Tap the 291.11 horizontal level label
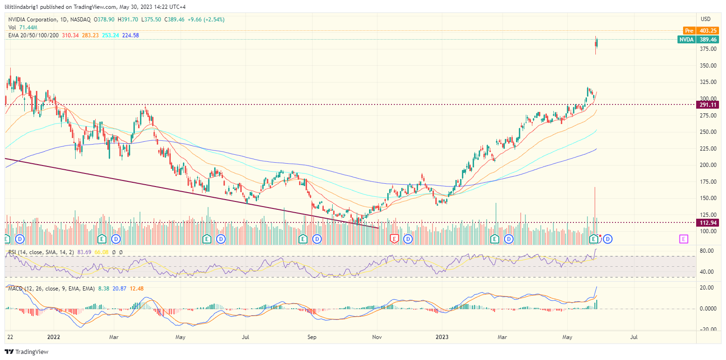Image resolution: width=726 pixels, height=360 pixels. [708, 104]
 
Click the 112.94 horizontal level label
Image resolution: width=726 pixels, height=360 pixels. [708, 222]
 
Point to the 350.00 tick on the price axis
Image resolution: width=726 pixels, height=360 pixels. [708, 65]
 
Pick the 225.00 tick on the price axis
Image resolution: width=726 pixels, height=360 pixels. [708, 148]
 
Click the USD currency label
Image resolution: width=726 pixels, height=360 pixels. [705, 19]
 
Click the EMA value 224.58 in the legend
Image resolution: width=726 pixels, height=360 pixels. [130, 35]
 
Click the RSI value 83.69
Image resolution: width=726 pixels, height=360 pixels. [84, 252]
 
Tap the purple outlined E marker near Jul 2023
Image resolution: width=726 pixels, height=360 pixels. [684, 239]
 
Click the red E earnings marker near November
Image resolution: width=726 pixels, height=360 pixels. [394, 239]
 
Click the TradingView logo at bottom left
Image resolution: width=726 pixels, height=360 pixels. [27, 352]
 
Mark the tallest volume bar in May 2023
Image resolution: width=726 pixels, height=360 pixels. [595, 210]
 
